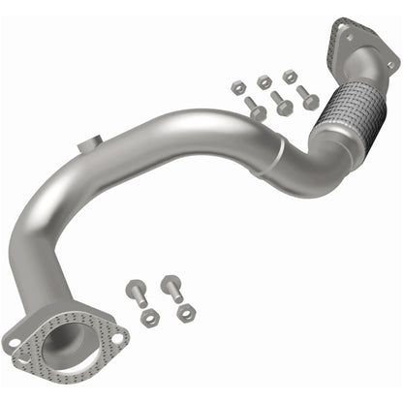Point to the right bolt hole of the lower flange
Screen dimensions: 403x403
(x=117, y=338)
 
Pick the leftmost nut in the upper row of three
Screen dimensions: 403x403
(x=238, y=87)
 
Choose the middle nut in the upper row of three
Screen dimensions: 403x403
(x=264, y=81)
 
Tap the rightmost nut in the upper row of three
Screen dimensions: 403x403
(x=290, y=76)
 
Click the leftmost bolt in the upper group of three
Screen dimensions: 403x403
(x=255, y=108)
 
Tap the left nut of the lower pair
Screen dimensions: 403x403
(x=149, y=318)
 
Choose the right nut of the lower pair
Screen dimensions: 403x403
(x=185, y=312)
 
